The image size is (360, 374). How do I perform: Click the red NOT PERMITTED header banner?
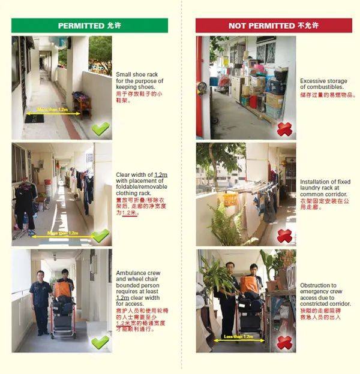point(274,26)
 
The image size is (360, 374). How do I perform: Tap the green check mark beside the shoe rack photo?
point(100,128)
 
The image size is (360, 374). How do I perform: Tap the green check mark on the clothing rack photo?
point(100,235)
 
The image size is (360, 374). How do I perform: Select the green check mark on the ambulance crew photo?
point(100,341)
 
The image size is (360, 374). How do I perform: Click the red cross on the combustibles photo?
point(284,128)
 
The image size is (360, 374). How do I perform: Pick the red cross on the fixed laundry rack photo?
point(284,236)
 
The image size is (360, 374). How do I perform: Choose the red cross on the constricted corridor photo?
point(284,342)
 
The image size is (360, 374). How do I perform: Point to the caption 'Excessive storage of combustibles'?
point(328,84)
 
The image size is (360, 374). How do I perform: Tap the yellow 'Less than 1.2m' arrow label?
point(238,337)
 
